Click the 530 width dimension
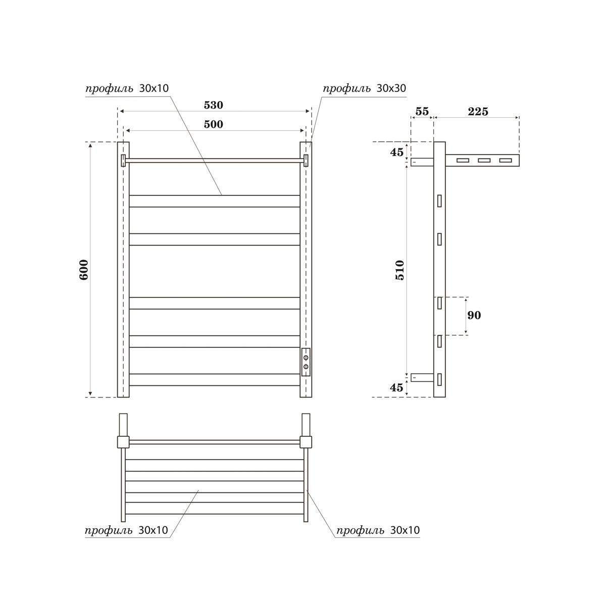(213, 106)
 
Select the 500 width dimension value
(213, 124)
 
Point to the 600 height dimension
(84, 270)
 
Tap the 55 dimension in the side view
(422, 112)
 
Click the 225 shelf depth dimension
(478, 112)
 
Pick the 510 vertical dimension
(399, 270)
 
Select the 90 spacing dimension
(474, 316)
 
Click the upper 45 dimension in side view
(397, 151)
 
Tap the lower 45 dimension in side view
(397, 387)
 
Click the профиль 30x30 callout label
(364, 89)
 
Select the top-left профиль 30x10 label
(127, 89)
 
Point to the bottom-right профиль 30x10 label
(378, 530)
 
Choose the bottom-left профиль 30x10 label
(127, 530)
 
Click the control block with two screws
(306, 362)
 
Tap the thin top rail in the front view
(215, 161)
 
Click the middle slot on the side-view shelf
(484, 161)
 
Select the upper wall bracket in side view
(422, 162)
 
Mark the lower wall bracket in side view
(422, 377)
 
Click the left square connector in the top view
(123, 442)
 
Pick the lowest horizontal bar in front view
(215, 380)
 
